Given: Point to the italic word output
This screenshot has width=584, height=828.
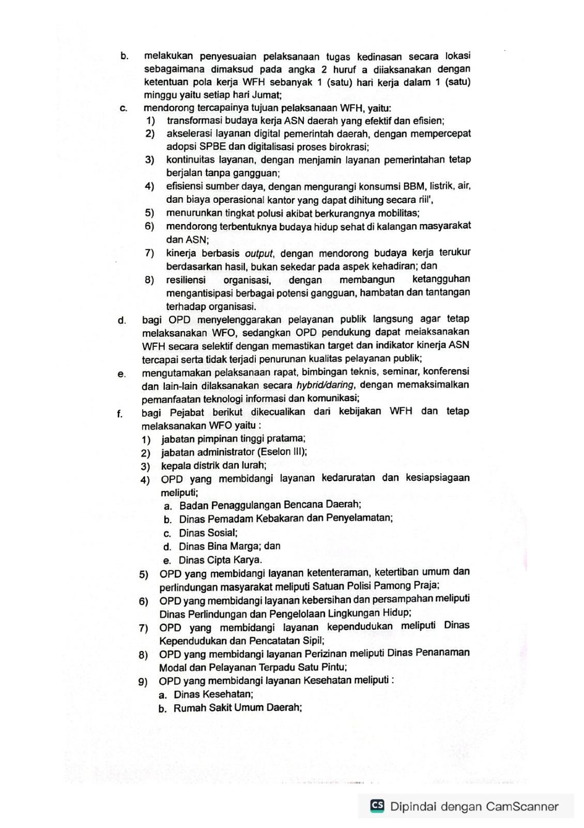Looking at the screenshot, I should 258,254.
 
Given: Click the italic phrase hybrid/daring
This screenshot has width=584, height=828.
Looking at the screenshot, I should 325,385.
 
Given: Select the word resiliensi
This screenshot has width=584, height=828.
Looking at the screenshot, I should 186,280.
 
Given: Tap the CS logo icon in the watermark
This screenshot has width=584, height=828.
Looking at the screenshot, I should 377,805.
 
